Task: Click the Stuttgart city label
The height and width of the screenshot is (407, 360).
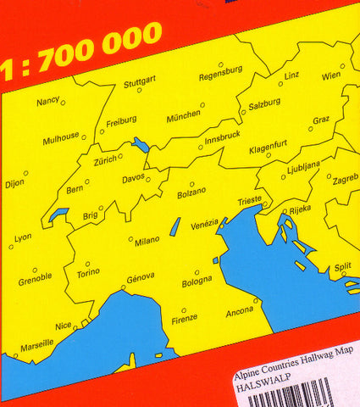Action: [141, 84]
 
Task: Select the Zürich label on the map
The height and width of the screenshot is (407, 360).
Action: [105, 159]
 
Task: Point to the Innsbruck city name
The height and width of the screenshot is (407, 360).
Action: [223, 134]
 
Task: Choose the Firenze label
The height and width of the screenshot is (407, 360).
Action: [184, 320]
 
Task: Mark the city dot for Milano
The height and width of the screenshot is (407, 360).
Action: [130, 238]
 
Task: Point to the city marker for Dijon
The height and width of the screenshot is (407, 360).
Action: [25, 174]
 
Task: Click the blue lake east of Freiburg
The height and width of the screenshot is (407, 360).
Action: [141, 145]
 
